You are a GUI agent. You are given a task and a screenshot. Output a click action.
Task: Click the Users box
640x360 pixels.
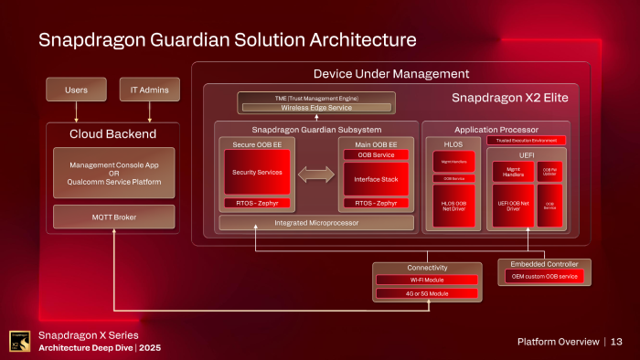click(77, 90)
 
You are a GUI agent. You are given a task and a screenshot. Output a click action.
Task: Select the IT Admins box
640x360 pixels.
click(150, 90)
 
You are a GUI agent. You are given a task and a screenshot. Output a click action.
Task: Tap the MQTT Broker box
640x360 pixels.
click(115, 217)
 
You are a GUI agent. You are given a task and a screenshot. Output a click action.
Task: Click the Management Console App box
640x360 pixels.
click(115, 173)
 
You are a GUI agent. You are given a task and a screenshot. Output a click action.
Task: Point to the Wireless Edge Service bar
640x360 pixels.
click(316, 107)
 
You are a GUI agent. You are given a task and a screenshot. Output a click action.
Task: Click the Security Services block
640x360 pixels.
click(257, 172)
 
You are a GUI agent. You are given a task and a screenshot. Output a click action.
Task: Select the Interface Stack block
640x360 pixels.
click(376, 179)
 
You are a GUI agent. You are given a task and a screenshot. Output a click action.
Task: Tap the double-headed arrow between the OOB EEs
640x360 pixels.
click(316, 174)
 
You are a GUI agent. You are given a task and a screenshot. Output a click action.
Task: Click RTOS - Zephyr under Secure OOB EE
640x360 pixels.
click(257, 203)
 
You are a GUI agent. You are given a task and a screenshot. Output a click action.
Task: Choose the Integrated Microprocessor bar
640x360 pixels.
click(315, 222)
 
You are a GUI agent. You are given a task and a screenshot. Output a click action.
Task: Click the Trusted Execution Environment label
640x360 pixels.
click(527, 141)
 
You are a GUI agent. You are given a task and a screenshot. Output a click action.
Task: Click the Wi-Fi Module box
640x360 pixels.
click(427, 280)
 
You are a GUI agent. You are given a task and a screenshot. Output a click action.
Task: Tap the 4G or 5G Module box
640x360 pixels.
click(427, 293)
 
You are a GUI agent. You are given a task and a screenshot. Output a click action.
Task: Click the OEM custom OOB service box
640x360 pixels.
click(544, 277)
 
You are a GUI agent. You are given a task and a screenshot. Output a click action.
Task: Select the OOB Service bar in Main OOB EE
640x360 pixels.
click(376, 154)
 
